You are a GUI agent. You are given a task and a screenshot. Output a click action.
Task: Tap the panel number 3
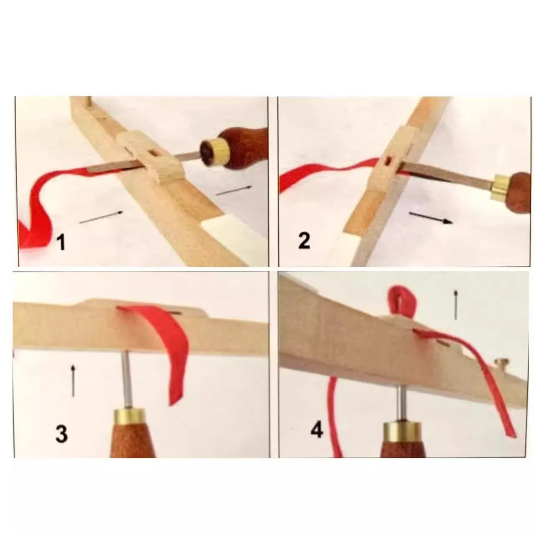(x=61, y=433)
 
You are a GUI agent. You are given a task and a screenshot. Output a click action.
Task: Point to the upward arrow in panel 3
(x=73, y=381)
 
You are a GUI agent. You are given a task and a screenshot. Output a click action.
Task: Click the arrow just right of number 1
(x=101, y=217)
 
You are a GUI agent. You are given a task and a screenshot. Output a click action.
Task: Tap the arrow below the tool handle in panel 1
(x=234, y=190)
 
